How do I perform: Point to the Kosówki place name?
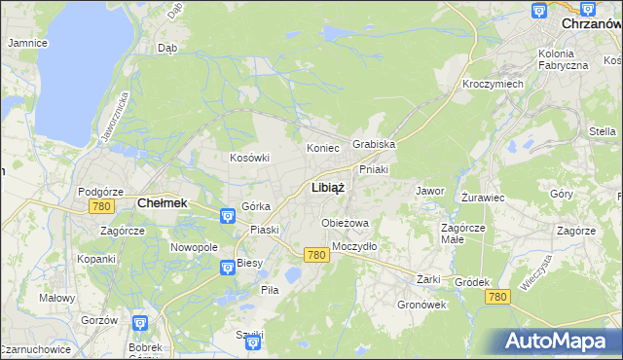249,158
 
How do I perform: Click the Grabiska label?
374,144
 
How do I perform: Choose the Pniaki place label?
374,168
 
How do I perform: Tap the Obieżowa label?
346,223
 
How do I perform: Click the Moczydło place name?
354,246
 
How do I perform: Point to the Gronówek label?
421,304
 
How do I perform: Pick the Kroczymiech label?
493,84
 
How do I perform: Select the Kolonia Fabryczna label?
563,58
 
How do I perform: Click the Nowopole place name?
194,247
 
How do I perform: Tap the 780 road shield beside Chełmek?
99,206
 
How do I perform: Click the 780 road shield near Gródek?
497,296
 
